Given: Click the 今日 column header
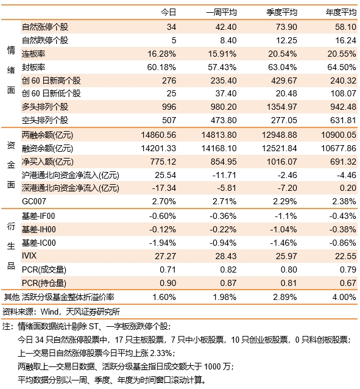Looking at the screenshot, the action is tap(168, 12).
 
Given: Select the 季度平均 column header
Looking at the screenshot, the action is tap(281, 12).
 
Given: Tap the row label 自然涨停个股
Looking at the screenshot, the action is tap(45, 27).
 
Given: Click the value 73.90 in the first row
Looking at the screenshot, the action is tap(286, 27).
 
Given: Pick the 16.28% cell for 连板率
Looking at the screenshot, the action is tap(161, 54).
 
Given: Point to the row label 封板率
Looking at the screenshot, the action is tap(34, 67).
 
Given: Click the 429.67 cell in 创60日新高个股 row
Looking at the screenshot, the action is tap(284, 80).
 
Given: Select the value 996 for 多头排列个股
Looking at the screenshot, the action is tap(169, 107).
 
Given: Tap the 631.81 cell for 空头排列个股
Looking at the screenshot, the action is tap(343, 120).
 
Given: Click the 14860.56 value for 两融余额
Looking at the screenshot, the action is tap(158, 135).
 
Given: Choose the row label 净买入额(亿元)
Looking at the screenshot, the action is tap(48, 162).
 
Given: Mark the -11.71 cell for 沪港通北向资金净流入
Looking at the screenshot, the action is tap(224, 175).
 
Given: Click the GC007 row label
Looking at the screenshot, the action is tap(34, 201).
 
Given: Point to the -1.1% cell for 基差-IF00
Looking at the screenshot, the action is tap(286, 216).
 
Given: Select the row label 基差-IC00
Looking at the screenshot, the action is tap(38, 243).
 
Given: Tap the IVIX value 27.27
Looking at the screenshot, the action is tap(165, 256).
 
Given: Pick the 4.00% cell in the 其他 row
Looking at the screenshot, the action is tap(344, 297).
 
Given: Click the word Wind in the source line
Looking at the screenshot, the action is tap(49, 312).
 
